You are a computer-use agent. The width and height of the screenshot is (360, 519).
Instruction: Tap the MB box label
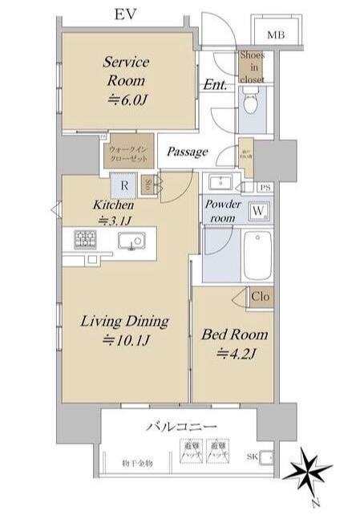[x=276, y=34]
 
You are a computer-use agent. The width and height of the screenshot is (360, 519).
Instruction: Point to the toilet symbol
[x=250, y=104]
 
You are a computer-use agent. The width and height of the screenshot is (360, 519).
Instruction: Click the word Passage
[x=188, y=152]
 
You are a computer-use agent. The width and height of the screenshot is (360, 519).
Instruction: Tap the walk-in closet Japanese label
[x=127, y=152]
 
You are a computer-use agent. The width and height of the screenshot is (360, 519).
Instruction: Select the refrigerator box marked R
[x=125, y=185]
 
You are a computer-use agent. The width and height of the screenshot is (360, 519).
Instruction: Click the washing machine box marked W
[x=260, y=211]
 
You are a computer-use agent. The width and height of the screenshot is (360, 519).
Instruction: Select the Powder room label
[x=223, y=211]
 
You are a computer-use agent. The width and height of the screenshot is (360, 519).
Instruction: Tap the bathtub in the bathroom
[x=258, y=253]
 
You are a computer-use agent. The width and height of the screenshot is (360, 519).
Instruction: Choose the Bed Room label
[x=234, y=343]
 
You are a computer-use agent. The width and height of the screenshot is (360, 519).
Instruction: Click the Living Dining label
[x=123, y=330]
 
